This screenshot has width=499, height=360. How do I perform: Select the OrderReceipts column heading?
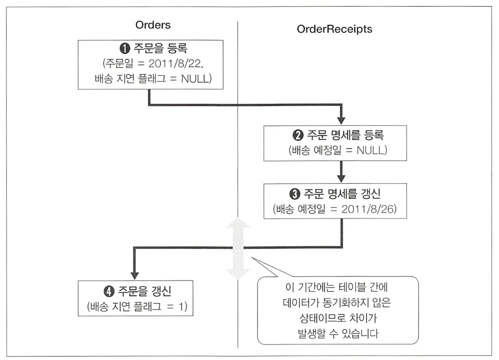click(334, 29)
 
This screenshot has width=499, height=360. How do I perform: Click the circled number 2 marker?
click(297, 136)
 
